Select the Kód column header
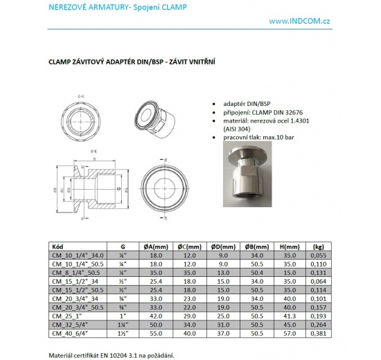click(59, 246)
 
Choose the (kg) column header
click(319, 246)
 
